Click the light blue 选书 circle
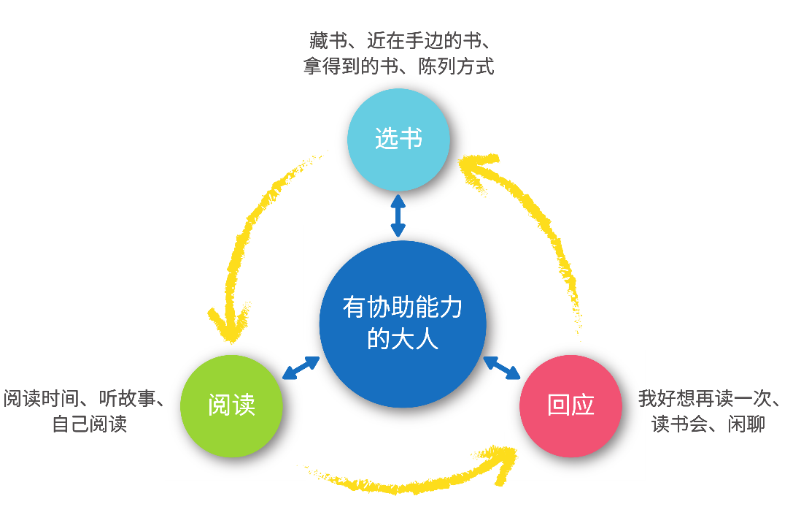[x=398, y=139]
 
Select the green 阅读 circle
[x=231, y=405]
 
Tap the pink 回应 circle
[x=570, y=405]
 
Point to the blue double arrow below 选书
[x=398, y=215]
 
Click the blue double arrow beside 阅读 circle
[x=301, y=368]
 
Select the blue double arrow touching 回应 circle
[x=502, y=367]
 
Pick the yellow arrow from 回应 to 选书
[x=540, y=219]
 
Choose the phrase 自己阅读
[x=89, y=424]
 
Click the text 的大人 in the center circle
[x=402, y=339]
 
